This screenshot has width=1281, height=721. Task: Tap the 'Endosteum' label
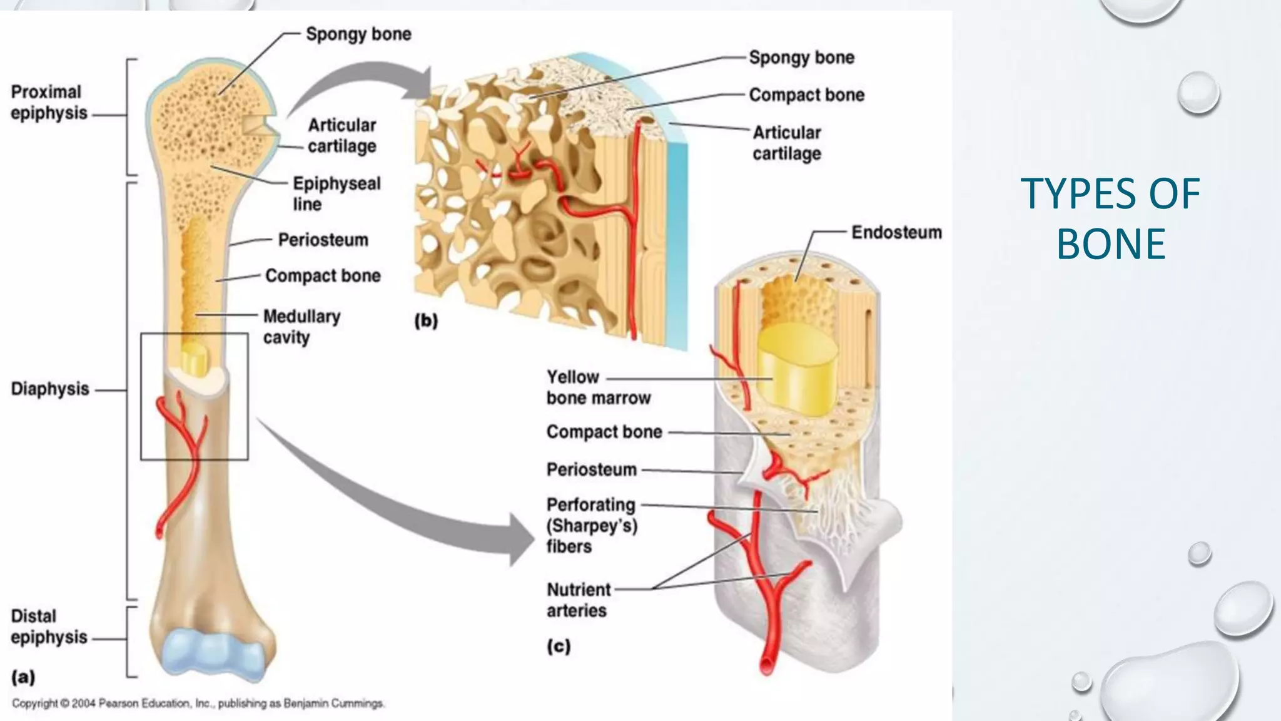point(896,232)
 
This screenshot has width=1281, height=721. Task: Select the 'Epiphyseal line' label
point(336,193)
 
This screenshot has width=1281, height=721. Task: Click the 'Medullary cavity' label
point(301,326)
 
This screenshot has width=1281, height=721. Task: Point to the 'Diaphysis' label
point(50,389)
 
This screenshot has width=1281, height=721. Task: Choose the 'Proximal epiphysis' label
point(48,102)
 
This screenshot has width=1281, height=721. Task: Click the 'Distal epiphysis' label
point(48,626)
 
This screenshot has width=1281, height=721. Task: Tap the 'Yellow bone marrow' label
point(598,387)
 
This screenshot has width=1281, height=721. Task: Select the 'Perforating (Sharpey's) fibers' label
point(591,525)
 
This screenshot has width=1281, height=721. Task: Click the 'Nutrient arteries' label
point(578,600)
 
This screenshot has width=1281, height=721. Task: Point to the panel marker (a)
point(23,677)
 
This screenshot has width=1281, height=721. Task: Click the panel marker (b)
point(426,320)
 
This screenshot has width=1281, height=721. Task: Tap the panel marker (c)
point(559,646)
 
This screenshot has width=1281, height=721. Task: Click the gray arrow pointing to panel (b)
point(350,81)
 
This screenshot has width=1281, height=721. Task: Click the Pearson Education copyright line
point(198,703)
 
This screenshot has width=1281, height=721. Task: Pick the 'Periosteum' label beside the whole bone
point(323,240)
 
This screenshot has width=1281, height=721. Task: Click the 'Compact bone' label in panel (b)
point(806,95)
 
